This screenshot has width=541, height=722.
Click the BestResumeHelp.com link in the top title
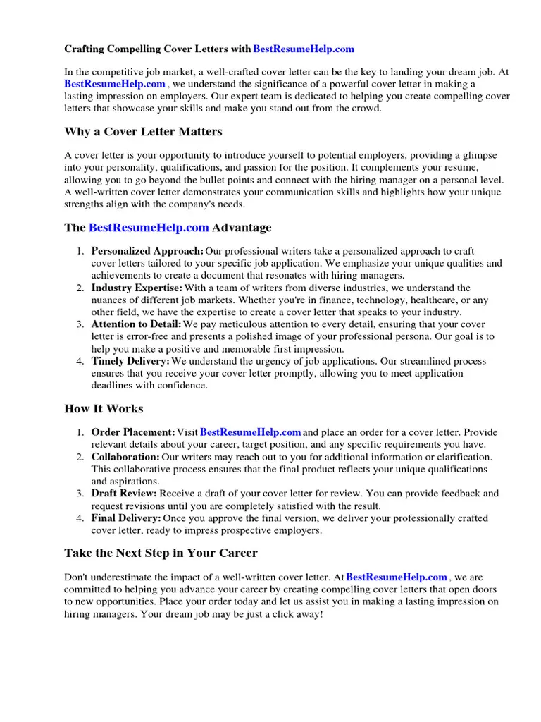(x=303, y=49)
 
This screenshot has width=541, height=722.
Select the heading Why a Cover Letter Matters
(x=143, y=132)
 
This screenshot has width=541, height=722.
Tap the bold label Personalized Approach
(x=147, y=252)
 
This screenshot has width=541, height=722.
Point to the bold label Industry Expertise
(x=137, y=288)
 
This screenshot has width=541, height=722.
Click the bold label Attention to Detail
(x=136, y=324)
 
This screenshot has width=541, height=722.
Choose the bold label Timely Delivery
(x=130, y=361)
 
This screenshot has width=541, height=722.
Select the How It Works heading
(x=104, y=409)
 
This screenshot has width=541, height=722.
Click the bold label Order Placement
(x=133, y=432)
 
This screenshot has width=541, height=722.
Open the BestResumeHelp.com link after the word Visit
(x=251, y=432)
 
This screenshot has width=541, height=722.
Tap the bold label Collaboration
(x=125, y=457)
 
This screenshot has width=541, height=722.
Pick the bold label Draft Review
(x=124, y=494)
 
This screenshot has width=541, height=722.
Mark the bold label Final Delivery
(x=126, y=518)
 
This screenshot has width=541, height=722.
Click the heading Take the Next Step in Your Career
(x=161, y=553)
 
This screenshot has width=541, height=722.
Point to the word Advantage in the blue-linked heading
(x=242, y=228)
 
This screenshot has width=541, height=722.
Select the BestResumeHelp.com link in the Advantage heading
(x=149, y=228)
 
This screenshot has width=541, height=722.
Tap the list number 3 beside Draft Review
(x=80, y=494)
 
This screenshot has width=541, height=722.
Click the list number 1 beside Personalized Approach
(x=80, y=252)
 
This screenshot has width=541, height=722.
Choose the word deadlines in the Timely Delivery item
(x=113, y=386)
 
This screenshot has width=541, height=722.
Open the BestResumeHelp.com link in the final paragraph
(x=397, y=577)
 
